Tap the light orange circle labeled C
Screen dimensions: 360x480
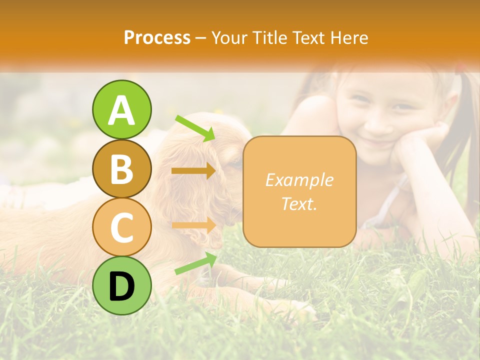121,227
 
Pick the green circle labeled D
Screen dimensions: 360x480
121,285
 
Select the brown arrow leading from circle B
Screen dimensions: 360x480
193,171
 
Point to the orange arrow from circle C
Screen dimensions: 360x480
193,225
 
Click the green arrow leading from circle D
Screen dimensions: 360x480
195,263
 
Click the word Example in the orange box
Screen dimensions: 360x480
299,180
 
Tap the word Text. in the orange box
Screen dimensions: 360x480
299,203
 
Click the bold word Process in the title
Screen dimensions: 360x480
157,37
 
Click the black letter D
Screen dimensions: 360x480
121,286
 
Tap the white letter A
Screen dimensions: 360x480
121,110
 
